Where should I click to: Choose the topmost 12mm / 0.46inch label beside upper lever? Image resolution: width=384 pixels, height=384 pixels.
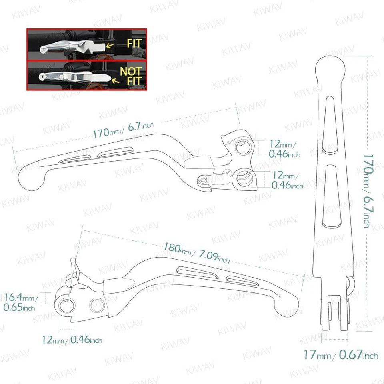283,148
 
